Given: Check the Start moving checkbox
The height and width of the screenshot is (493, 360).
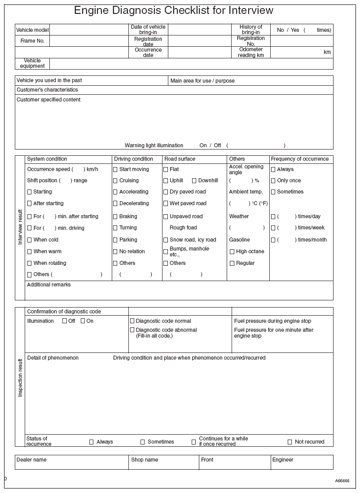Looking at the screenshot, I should [115, 169].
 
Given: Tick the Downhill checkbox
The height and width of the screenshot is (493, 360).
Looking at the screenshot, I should [194, 180].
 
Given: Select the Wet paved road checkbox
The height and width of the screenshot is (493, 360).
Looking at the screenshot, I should [166, 203].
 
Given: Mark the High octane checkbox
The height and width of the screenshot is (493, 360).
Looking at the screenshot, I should [232, 251].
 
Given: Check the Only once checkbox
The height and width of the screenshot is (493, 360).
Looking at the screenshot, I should [273, 180].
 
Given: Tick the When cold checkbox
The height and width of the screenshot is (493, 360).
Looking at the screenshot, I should [30, 240].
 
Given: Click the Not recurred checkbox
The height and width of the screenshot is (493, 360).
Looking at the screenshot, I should [290, 442].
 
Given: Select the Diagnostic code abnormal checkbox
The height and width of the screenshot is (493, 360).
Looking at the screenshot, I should [132, 330].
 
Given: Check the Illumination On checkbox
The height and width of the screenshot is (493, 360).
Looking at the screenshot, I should [83, 321].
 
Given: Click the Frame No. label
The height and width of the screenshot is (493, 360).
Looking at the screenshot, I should [32, 41].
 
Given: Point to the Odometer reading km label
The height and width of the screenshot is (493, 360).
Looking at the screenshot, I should [251, 52].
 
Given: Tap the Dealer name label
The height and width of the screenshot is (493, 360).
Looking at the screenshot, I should [31, 460].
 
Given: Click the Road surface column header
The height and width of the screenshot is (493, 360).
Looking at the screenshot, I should [180, 159].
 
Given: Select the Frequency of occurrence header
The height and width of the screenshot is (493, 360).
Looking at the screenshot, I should [300, 159].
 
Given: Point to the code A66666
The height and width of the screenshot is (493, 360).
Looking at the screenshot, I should [342, 480].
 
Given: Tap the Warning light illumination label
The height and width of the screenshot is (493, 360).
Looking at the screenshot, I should [154, 145].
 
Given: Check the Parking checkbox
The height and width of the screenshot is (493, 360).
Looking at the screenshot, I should [115, 240].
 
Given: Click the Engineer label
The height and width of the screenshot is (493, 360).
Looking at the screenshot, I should [283, 460].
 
